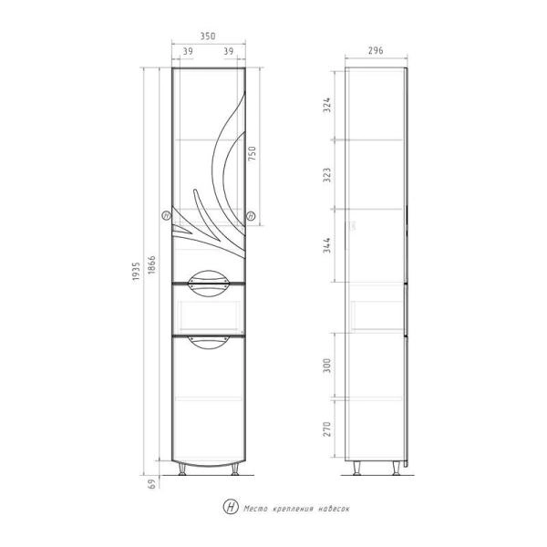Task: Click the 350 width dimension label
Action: coord(208,36)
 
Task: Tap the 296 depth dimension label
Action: coord(376,50)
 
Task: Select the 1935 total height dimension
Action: coord(136,271)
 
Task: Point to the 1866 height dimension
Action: coord(151,264)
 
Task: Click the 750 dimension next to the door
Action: coord(252,153)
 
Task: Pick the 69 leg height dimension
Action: coord(151,484)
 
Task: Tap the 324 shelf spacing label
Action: coord(326,105)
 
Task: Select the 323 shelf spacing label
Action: coord(326,175)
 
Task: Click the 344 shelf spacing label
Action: coord(326,245)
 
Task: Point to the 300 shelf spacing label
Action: coord(326,366)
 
